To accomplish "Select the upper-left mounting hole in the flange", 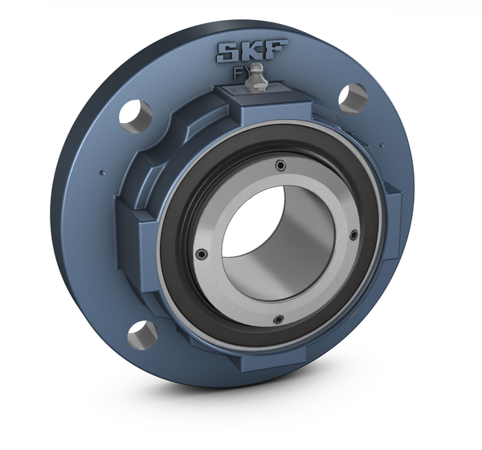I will click(135, 114).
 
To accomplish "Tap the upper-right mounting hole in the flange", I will click(352, 97).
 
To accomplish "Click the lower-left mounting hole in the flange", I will click(141, 333).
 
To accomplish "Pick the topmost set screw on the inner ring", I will click(280, 165).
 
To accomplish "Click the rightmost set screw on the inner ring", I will click(353, 235).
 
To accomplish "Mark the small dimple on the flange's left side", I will click(101, 170).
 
